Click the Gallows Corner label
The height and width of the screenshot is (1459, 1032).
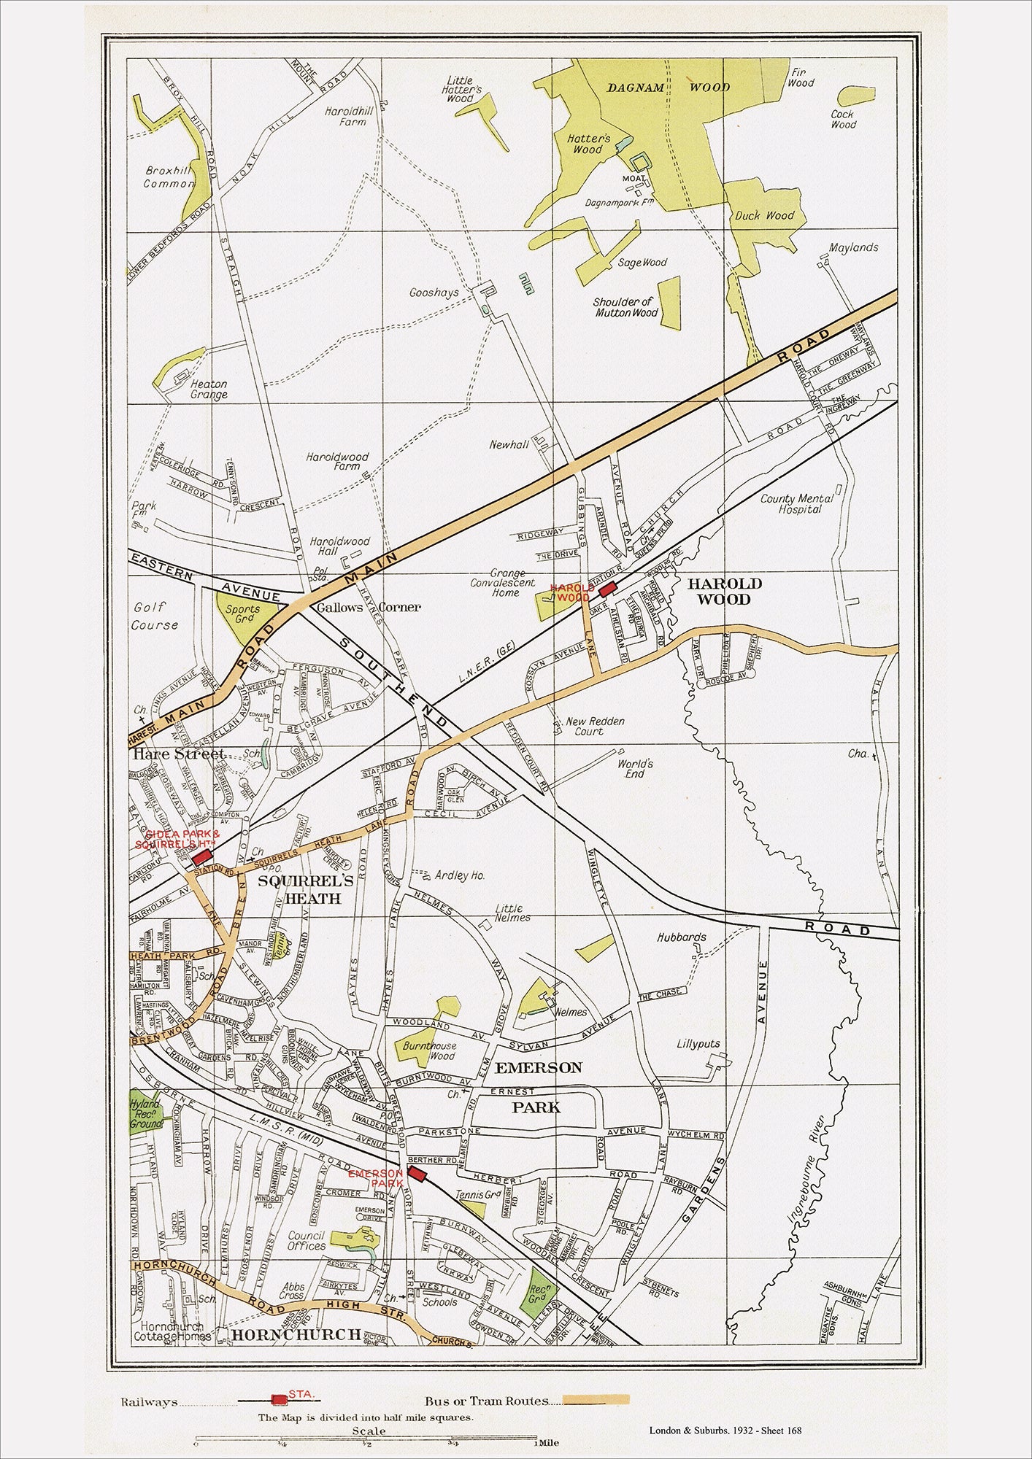(x=368, y=607)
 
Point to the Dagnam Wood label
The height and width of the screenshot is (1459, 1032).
(x=669, y=87)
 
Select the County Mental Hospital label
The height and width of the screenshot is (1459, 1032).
(x=797, y=503)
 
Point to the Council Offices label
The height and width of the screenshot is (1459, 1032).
(x=307, y=1241)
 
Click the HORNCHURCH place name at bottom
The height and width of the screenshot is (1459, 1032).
(x=296, y=1334)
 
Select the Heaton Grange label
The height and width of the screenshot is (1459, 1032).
(x=209, y=389)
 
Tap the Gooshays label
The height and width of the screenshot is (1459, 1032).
(x=434, y=293)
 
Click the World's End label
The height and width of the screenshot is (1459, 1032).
(x=634, y=768)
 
